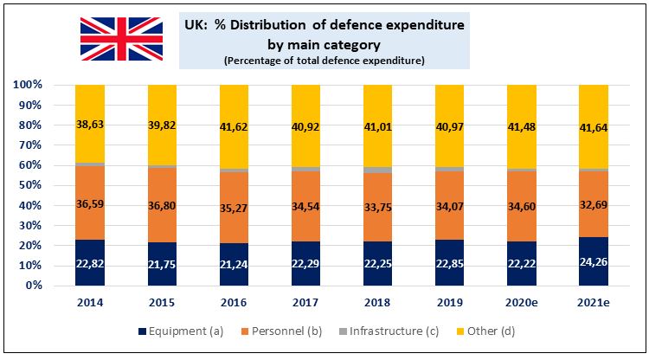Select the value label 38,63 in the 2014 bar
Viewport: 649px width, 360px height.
90,125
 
